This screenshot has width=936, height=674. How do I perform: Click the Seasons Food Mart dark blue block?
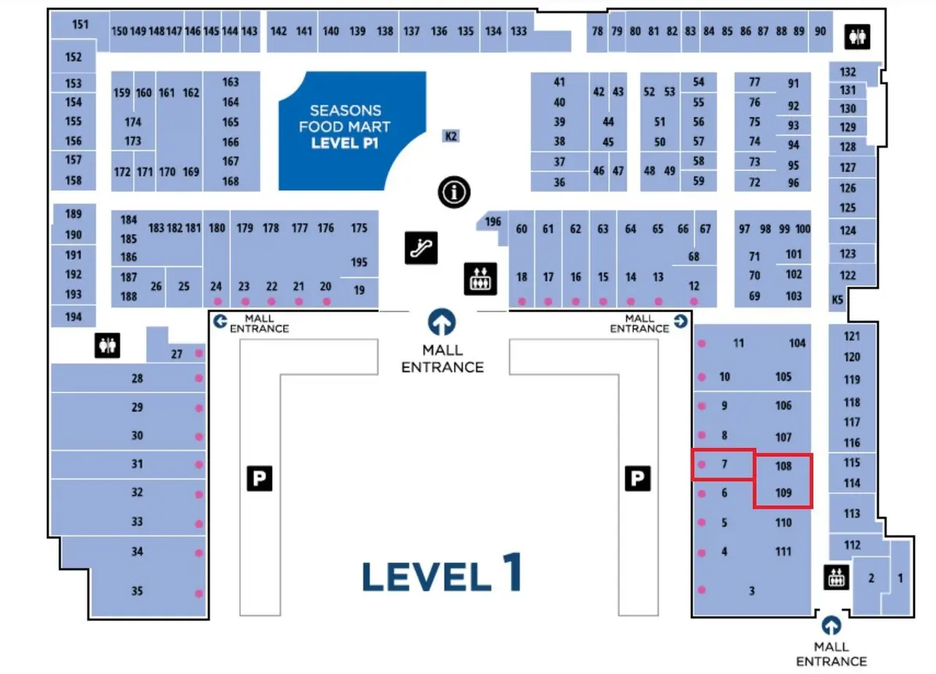343,129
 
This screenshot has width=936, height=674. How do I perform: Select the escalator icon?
421,247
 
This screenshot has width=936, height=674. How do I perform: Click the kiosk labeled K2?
451,136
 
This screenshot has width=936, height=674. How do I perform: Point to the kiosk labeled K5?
838,300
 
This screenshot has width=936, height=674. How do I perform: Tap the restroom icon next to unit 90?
859,36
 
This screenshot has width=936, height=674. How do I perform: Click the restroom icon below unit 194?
107,345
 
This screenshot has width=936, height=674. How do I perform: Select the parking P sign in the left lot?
260,478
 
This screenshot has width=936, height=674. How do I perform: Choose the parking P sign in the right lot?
637,478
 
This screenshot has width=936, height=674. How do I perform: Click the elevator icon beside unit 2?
836,577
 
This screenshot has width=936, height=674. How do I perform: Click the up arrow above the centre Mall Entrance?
443,321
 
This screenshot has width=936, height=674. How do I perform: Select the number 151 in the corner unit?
80,24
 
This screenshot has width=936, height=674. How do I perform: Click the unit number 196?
493,222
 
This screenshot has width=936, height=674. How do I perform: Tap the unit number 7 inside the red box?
724,464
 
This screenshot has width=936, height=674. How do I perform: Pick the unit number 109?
784,493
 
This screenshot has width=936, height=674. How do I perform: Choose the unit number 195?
359,262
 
